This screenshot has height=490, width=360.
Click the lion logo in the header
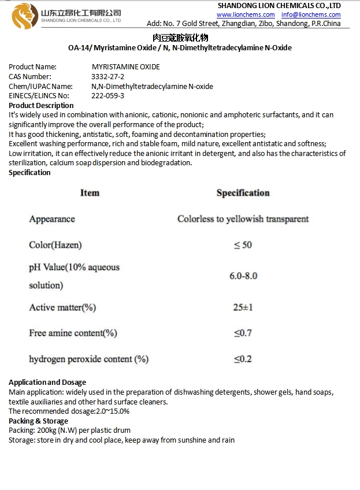coord(25,16)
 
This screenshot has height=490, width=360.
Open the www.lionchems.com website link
coord(246,14)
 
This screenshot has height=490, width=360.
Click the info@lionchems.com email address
coord(311,14)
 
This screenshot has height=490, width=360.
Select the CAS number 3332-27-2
coord(107,77)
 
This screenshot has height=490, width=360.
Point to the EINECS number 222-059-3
coord(107,96)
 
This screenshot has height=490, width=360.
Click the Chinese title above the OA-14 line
coord(180,38)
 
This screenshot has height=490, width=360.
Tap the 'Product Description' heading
coord(41,106)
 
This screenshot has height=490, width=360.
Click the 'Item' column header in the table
coord(90,193)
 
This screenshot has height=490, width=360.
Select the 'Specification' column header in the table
coord(243,193)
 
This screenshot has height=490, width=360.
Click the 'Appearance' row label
coord(52,219)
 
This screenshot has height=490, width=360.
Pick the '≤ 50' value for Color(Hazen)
coord(243,245)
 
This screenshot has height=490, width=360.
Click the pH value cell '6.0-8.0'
coord(243,276)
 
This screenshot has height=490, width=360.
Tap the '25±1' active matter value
coord(243,307)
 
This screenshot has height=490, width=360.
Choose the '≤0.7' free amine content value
coord(243,333)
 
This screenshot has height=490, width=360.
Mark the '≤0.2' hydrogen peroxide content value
coord(243,359)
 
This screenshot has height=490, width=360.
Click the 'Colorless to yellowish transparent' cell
coord(243,219)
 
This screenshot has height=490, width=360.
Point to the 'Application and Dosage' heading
coord(47,383)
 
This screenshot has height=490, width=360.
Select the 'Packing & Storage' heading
coord(38,421)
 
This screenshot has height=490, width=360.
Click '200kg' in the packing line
coord(46,430)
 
